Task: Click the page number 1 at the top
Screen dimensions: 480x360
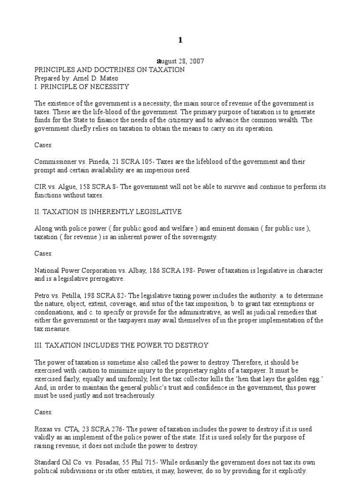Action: pyautogui.click(x=180, y=40)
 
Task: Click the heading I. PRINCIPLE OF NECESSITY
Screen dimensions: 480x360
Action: pyautogui.click(x=82, y=87)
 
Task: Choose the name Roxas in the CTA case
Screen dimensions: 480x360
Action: pyautogui.click(x=44, y=429)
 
